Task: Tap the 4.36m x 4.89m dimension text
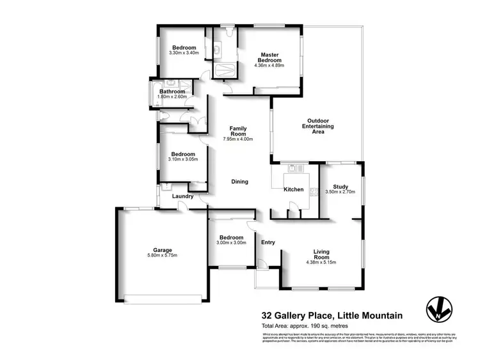tap(268, 65)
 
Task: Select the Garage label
tap(162, 250)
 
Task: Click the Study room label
tap(340, 186)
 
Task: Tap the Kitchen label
tap(293, 190)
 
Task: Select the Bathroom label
tap(173, 91)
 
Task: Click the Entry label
tap(268, 242)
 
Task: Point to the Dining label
tap(240, 182)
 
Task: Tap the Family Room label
tap(238, 131)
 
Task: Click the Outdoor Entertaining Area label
tap(317, 127)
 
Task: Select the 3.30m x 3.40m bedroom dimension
tap(184, 53)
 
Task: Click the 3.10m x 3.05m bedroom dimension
tap(183, 160)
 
